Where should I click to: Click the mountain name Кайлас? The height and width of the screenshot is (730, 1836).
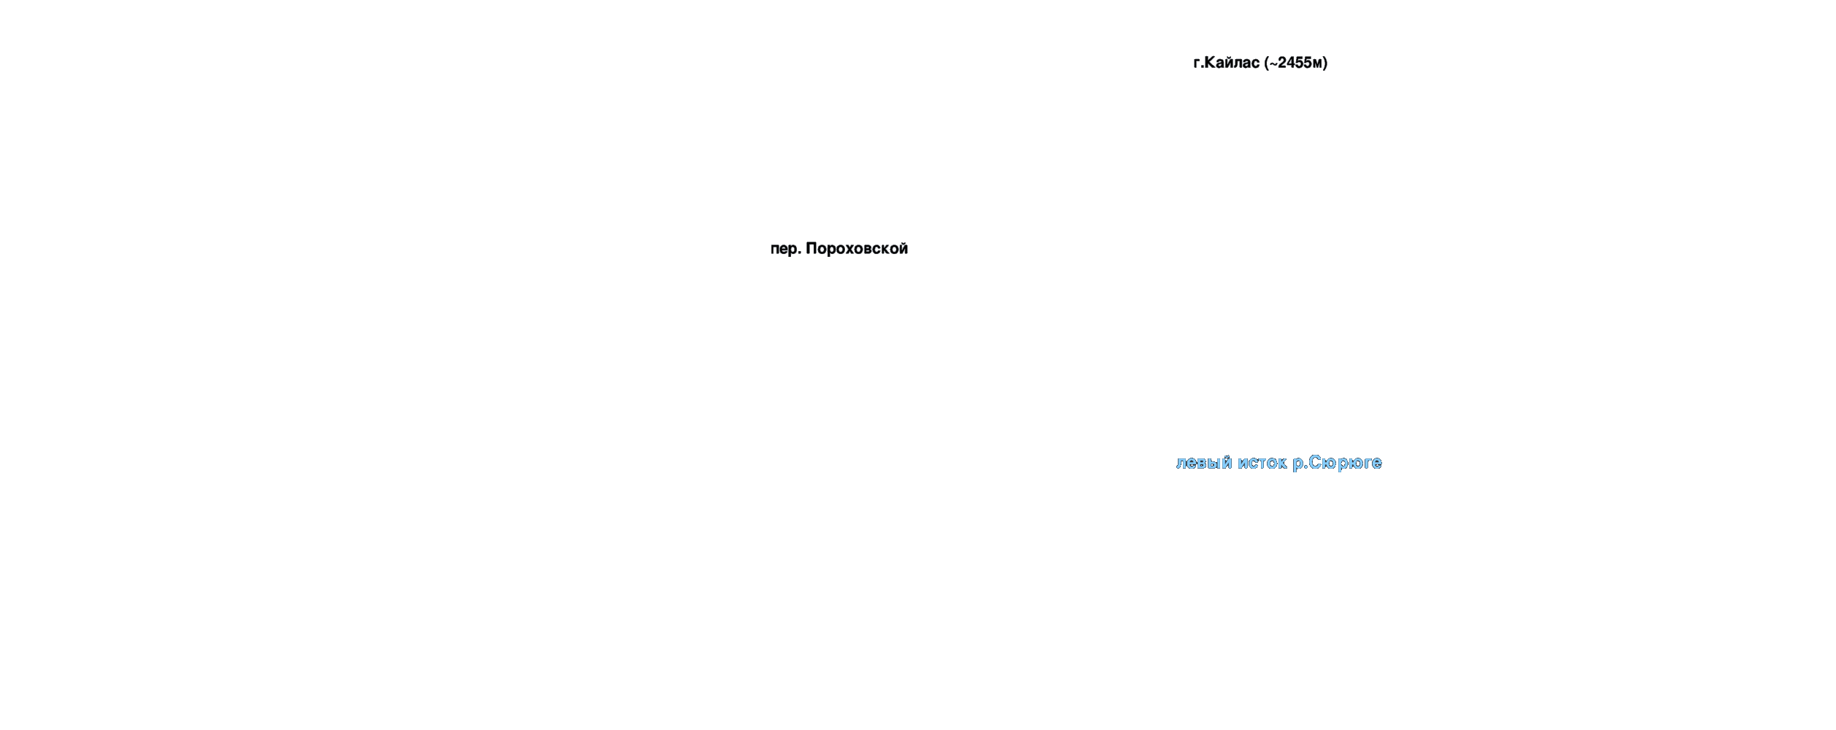click(1233, 63)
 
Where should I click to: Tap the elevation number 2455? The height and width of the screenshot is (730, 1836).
click(1295, 63)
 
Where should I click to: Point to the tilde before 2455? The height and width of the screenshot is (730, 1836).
click(1273, 64)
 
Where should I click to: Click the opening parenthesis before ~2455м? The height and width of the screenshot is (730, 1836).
click(1267, 63)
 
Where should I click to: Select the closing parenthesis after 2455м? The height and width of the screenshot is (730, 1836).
click(1325, 63)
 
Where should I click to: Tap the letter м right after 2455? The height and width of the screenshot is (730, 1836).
click(1317, 64)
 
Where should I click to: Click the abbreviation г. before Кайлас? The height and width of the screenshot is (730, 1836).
click(1197, 64)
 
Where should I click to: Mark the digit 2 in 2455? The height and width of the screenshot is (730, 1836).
click(1282, 63)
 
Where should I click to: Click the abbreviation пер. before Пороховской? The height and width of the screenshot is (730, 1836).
click(786, 250)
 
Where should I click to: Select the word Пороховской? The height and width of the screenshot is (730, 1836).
click(857, 249)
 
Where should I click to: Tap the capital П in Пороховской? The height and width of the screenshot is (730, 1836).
click(811, 249)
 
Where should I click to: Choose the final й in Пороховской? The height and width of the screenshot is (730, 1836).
click(903, 248)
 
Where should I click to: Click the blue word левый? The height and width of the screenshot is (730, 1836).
click(1203, 463)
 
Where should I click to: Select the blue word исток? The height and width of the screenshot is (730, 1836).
click(1262, 463)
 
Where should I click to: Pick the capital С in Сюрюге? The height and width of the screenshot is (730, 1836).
click(1315, 463)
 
